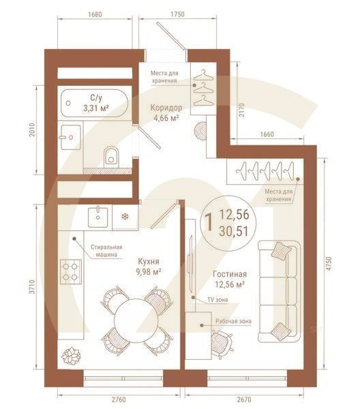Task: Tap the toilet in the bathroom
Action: tap(112, 156)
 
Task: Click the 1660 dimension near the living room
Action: tap(266, 134)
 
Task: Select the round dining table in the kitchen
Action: tap(134, 317)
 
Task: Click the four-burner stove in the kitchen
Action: tap(70, 271)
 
